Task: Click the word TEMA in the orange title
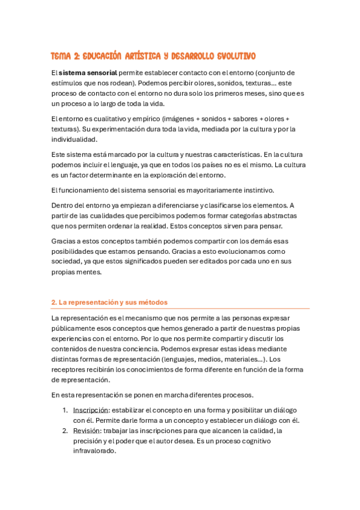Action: click(x=62, y=57)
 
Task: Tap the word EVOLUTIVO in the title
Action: click(x=231, y=57)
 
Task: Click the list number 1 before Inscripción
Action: click(x=65, y=410)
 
